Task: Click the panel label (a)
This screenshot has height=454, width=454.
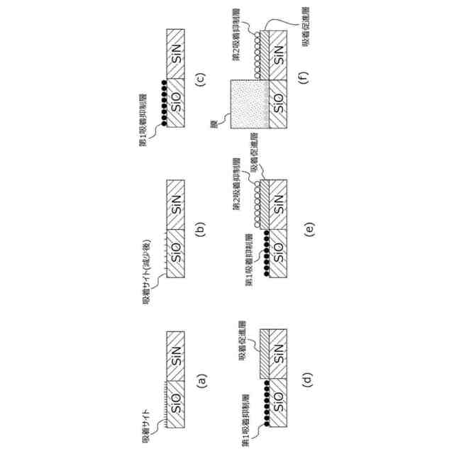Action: [201, 382]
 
